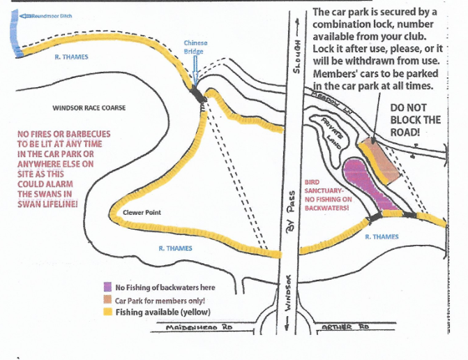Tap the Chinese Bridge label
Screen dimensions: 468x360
tap(195, 47)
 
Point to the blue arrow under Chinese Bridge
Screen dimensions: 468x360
tap(195, 70)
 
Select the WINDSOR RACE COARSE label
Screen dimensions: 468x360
tap(89, 107)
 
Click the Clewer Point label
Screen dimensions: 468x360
tap(142, 213)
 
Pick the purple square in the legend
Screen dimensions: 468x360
tap(107, 287)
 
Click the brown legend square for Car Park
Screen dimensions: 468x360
tap(107, 300)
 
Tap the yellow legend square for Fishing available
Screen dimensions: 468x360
tap(107, 312)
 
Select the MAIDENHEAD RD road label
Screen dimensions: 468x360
tap(199, 327)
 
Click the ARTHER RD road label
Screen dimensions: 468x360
tap(345, 327)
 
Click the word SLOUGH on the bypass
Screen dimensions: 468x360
tap(296, 57)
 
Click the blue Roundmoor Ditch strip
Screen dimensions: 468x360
tap(15, 33)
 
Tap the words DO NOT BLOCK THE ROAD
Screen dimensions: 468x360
tap(415, 120)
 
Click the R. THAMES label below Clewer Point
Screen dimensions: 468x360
tap(175, 248)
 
